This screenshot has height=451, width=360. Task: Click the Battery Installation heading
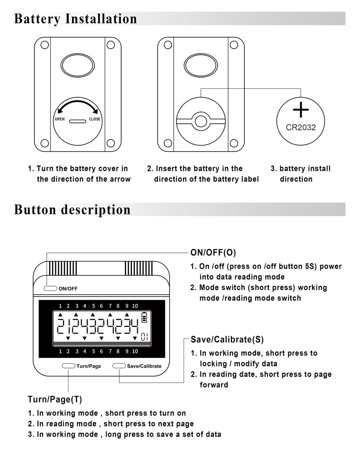pyautogui.click(x=75, y=19)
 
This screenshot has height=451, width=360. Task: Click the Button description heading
pyautogui.click(x=72, y=210)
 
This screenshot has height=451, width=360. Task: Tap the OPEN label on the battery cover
pyautogui.click(x=60, y=119)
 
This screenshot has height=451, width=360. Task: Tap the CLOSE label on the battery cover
pyautogui.click(x=95, y=119)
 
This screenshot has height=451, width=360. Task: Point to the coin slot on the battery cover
pyautogui.click(x=77, y=120)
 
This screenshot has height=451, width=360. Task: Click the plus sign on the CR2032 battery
pyautogui.click(x=301, y=110)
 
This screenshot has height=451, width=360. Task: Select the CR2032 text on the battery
pyautogui.click(x=301, y=128)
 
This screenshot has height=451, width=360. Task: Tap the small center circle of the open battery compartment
pyautogui.click(x=201, y=121)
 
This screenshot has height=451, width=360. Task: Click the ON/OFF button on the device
pyautogui.click(x=50, y=288)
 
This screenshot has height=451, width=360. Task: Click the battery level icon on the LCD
pyautogui.click(x=144, y=318)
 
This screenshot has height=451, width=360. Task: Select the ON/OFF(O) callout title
pyautogui.click(x=213, y=253)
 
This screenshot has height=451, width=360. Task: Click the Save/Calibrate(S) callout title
pyautogui.click(x=227, y=340)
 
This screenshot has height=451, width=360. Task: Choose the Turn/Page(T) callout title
pyautogui.click(x=55, y=399)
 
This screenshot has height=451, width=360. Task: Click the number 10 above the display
pyautogui.click(x=135, y=306)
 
